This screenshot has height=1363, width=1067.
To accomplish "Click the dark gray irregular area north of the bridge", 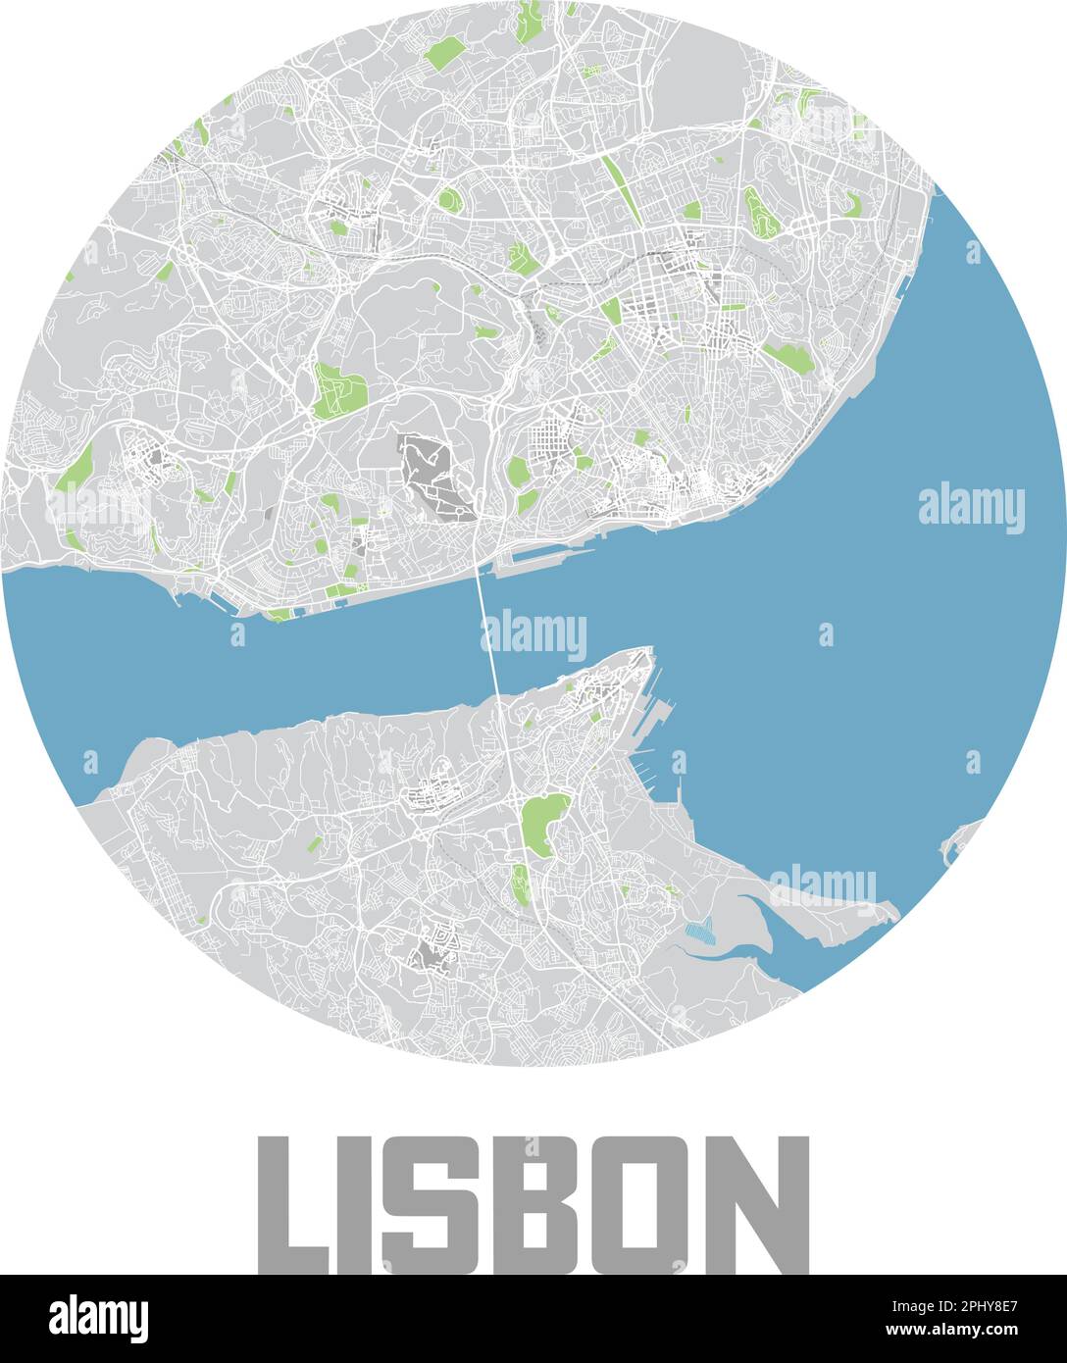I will point(432,473).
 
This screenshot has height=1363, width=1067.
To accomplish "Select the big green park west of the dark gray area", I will point(338,390).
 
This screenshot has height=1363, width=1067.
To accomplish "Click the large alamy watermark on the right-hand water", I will point(971,509).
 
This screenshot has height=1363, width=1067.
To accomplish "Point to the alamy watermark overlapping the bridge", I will point(533,634).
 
